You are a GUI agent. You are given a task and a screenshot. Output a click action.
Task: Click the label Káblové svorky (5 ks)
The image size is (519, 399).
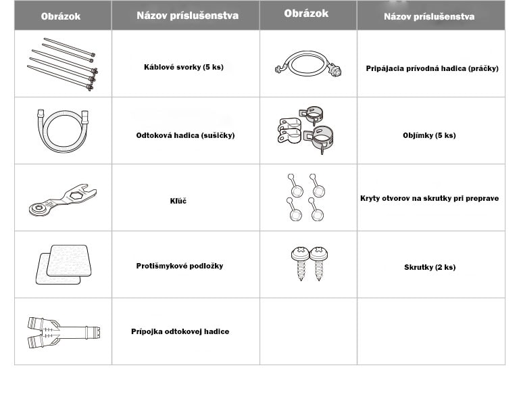pos(184,67)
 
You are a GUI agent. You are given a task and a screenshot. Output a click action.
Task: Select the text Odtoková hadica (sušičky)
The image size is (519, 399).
pos(185,135)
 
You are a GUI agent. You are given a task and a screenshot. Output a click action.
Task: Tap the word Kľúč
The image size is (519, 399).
pos(178,201)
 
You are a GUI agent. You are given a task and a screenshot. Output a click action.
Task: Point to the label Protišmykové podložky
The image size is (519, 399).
pos(180,266)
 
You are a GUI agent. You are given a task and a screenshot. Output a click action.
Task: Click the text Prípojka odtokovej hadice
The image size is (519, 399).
pos(180,331)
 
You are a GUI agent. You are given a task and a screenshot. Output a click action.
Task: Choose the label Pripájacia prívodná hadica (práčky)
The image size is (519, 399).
pos(432,68)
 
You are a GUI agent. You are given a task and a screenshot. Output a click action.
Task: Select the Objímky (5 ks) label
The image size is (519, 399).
pos(429,135)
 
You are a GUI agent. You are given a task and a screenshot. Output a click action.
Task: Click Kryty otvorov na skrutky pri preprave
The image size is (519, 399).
pos(429,198)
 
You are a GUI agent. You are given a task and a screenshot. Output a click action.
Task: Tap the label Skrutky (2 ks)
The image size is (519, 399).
pos(430,267)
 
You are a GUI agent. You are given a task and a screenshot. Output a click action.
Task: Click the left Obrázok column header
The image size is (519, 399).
pos(61,16)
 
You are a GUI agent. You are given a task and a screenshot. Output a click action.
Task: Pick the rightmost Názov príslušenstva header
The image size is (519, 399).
pos(429,16)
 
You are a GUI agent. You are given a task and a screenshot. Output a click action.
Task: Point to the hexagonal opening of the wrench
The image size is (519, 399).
pos(76,195)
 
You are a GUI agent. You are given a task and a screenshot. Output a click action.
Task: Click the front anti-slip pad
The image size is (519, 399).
pos(69,260)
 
